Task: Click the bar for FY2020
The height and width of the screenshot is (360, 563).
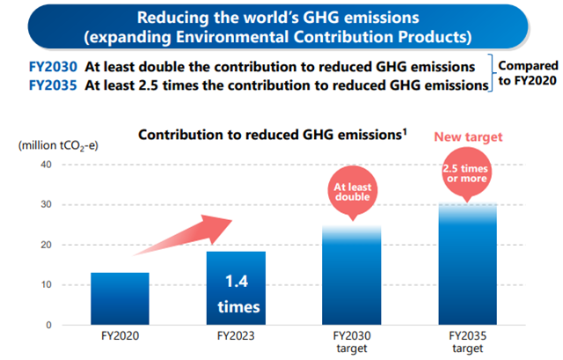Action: coord(119,298)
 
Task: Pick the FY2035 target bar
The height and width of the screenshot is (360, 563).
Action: coord(468,263)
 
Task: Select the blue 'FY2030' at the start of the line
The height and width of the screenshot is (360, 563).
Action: coord(51,65)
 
